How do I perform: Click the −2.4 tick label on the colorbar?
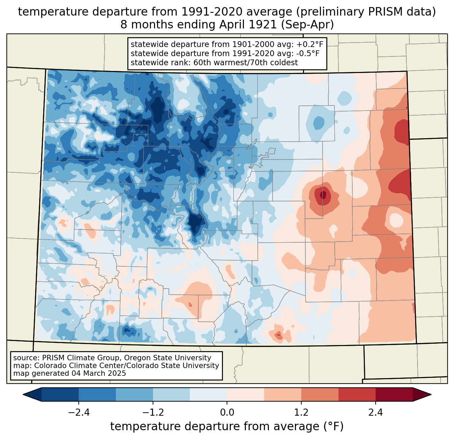click(x=79, y=413)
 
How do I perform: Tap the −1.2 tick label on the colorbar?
click(x=153, y=413)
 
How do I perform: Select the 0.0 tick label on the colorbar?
click(x=227, y=413)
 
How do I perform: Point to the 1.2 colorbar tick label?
click(x=301, y=413)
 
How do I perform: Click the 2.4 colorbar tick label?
click(x=375, y=413)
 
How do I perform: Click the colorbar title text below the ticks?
click(x=227, y=426)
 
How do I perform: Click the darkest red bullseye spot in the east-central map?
click(x=323, y=195)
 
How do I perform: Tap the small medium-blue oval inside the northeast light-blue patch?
click(x=318, y=122)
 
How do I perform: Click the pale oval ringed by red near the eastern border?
click(x=396, y=220)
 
